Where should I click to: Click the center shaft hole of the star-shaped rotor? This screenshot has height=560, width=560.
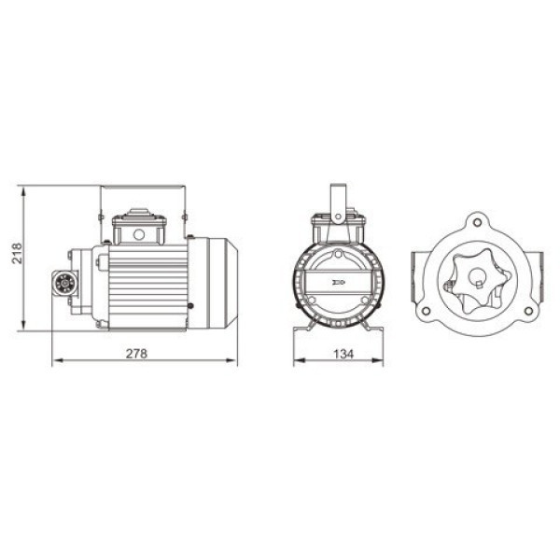point(476,279)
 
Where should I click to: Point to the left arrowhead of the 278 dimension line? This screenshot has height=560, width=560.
point(54,360)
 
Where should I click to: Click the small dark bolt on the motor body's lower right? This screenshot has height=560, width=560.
point(190,306)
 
